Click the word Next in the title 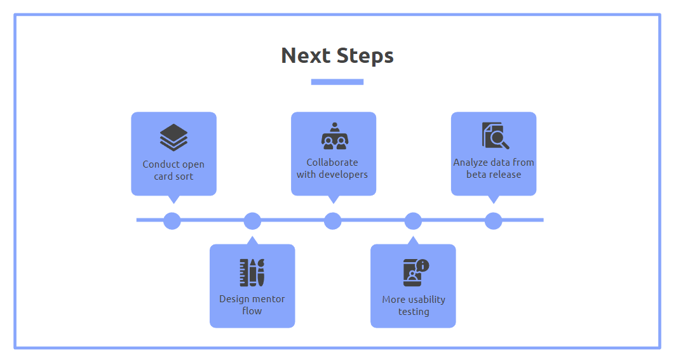(x=306, y=55)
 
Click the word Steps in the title (x=365, y=57)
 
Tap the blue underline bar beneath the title (x=337, y=82)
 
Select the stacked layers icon (x=173, y=137)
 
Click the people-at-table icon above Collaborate (x=335, y=136)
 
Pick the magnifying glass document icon (x=496, y=136)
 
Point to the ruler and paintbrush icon (x=252, y=272)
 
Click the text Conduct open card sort (x=173, y=171)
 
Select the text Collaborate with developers (x=332, y=168)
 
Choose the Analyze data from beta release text (x=494, y=168)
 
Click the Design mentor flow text (x=252, y=305)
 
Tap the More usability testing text (x=414, y=305)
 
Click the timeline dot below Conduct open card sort (x=172, y=221)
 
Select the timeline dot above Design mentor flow (x=252, y=221)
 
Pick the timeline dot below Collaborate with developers (x=332, y=221)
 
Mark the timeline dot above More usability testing (x=413, y=221)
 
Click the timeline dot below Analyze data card (x=493, y=221)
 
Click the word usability (x=426, y=300)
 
